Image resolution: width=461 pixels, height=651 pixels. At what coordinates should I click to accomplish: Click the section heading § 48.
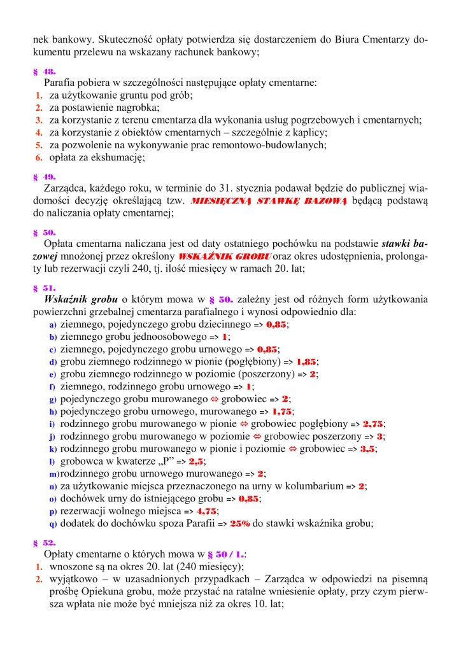pyautogui.click(x=44, y=72)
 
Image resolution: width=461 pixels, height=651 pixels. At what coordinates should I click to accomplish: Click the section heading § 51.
pyautogui.click(x=44, y=288)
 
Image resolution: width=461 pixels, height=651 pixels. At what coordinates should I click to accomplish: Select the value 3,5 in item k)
pyautogui.click(x=366, y=449)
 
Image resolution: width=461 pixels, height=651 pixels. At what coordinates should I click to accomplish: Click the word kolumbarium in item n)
pyautogui.click(x=311, y=486)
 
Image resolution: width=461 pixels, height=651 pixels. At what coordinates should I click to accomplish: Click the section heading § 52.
pyautogui.click(x=44, y=543)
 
